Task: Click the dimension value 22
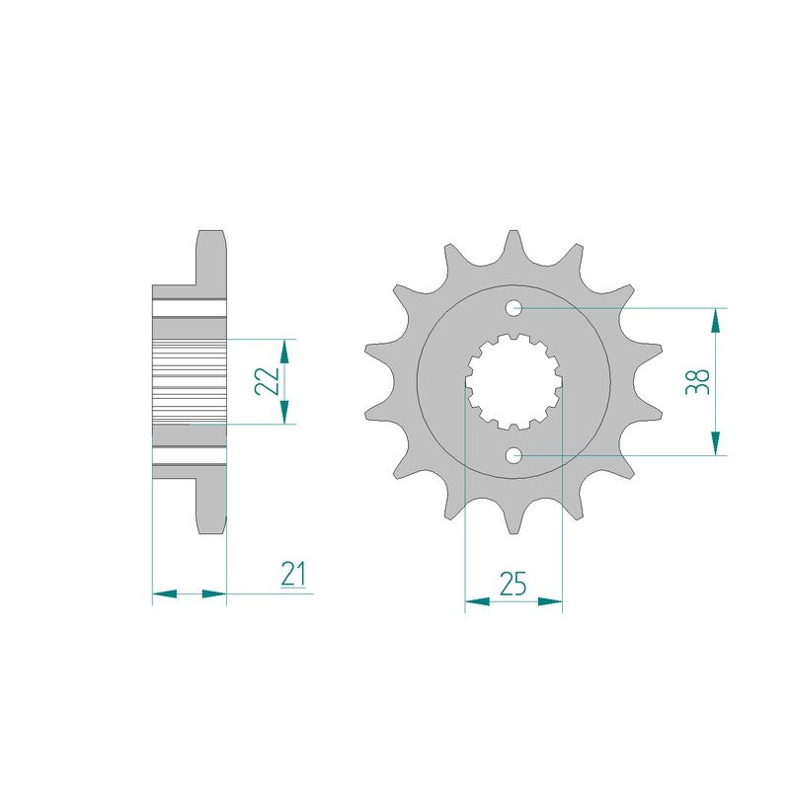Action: (x=267, y=381)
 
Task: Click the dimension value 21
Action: (x=293, y=574)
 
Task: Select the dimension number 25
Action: (x=513, y=584)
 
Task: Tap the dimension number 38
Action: (x=698, y=381)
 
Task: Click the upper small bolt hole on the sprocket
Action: (x=513, y=307)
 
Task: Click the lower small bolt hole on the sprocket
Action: (x=513, y=456)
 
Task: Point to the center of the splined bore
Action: (x=513, y=382)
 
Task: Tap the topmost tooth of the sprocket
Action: (x=513, y=247)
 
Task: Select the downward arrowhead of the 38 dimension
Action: (x=715, y=442)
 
